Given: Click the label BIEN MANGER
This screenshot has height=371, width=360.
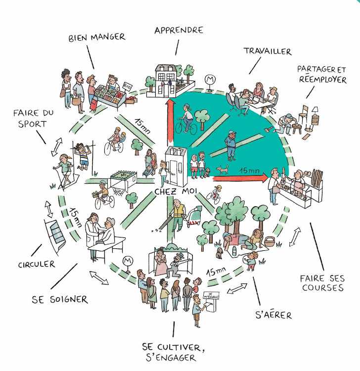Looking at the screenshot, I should [96, 37].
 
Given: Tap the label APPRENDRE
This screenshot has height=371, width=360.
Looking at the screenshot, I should [179, 30].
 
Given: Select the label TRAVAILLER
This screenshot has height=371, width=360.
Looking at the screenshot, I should [267, 51].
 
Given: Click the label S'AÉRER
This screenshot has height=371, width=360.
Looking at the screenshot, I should [273, 314].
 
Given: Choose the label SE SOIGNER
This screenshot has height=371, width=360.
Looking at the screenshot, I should [60, 299].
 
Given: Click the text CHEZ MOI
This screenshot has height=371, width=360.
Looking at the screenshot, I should [174, 190].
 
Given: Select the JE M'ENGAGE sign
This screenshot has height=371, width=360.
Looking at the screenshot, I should [210, 295].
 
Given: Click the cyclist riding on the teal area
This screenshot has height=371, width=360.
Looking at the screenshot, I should [187, 118].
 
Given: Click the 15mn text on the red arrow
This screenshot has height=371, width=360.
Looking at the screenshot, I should [249, 170].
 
